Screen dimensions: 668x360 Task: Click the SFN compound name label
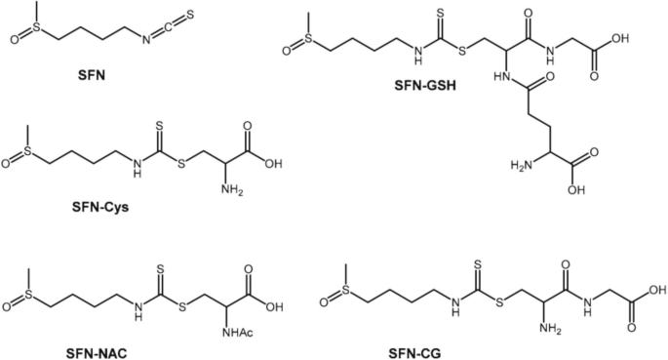point(92,76)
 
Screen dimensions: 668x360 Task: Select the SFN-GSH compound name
point(425,86)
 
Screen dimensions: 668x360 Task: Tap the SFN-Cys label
point(100,208)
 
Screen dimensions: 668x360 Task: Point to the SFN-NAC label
point(97,353)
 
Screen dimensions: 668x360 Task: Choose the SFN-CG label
point(414,353)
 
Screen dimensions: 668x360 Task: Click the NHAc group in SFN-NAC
point(237,332)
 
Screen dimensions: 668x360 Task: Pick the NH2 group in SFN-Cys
point(232,189)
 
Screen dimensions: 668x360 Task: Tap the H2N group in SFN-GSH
point(522,165)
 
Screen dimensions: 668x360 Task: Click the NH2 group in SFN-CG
point(550,329)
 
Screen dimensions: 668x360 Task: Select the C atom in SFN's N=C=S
point(169,27)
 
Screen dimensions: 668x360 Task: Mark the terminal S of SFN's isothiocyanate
point(189,15)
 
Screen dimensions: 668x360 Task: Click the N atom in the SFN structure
point(146,40)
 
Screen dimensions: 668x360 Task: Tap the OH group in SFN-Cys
point(273,164)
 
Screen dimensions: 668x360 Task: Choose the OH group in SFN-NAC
point(274,306)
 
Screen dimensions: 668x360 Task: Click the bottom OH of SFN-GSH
point(576,190)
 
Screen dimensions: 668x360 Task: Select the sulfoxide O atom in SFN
point(16,40)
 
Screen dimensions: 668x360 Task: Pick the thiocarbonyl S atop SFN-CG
point(478,265)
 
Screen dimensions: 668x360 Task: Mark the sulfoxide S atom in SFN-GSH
point(308,38)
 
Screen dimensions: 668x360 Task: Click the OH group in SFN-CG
point(657,291)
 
